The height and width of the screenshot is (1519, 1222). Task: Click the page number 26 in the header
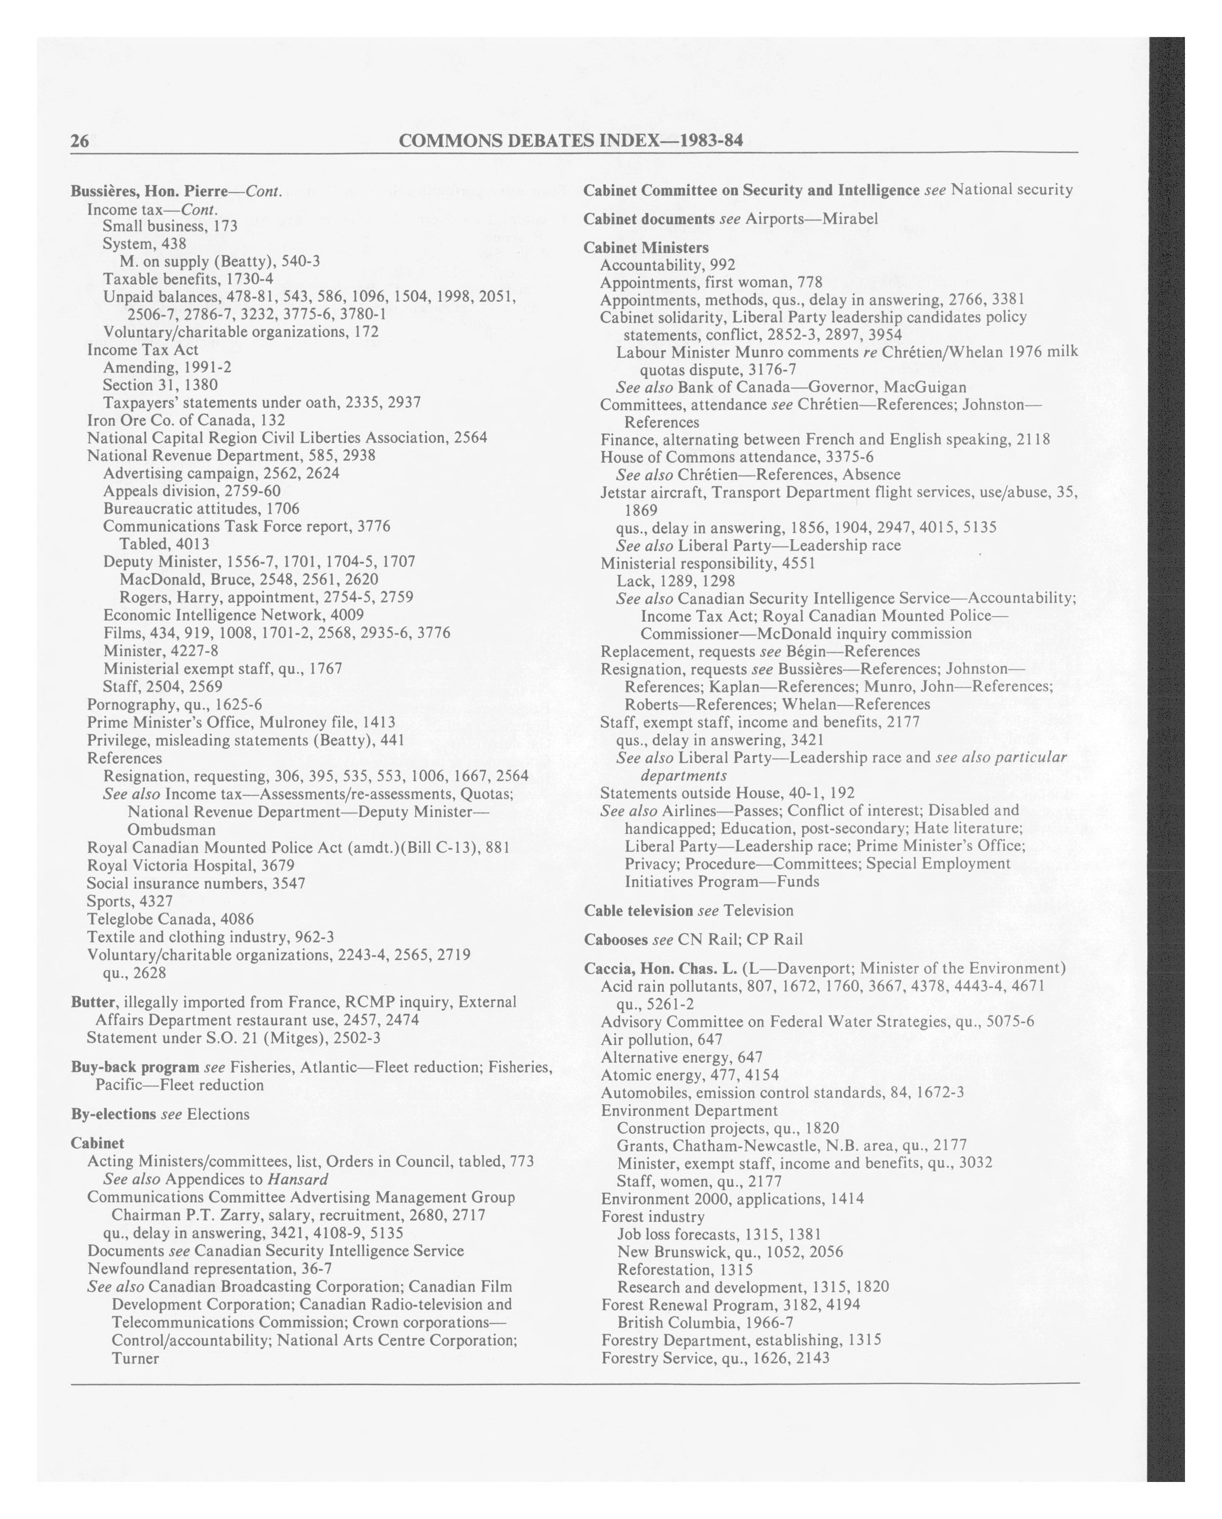pos(79,142)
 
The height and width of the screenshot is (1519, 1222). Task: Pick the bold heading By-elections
pos(113,1114)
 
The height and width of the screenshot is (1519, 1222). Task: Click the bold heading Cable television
pos(638,910)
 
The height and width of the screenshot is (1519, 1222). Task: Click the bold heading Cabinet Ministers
pos(646,247)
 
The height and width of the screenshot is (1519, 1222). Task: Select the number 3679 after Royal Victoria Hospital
pos(277,865)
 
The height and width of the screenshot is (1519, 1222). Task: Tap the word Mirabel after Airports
pos(850,218)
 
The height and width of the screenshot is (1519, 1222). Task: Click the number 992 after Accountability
pos(722,265)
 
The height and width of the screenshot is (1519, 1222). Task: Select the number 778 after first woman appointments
pos(809,282)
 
